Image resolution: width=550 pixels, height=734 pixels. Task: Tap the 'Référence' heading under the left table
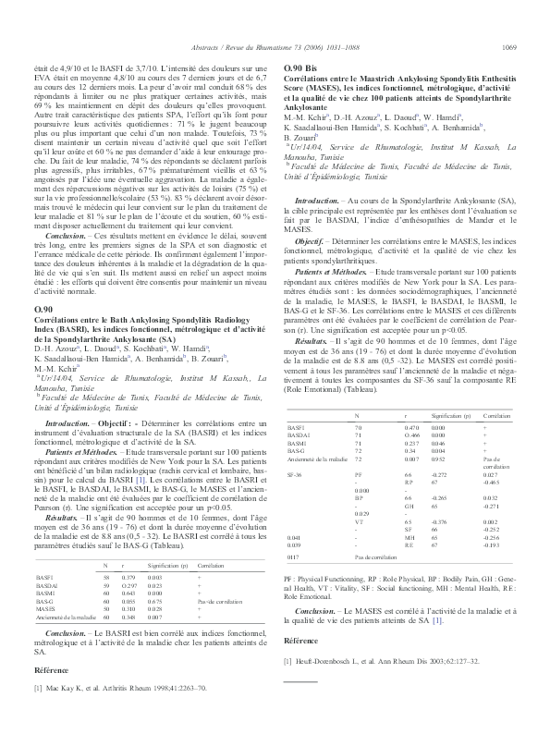(x=51, y=668)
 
